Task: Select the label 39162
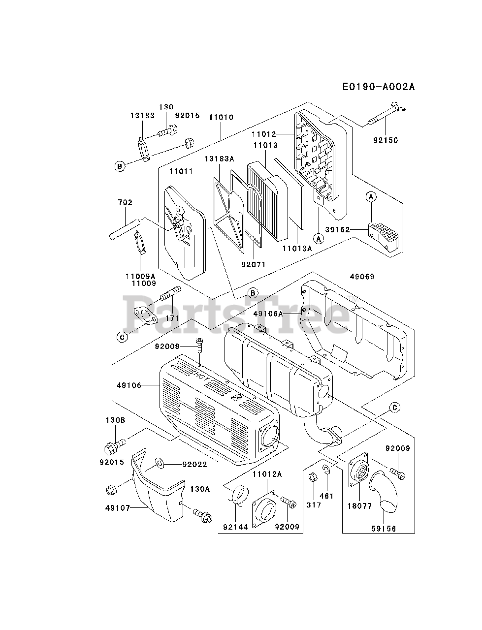351,229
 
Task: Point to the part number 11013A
297,249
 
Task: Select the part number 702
125,202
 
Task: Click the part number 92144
234,527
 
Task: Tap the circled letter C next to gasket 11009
122,337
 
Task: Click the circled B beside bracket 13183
119,166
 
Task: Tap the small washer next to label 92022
160,463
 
